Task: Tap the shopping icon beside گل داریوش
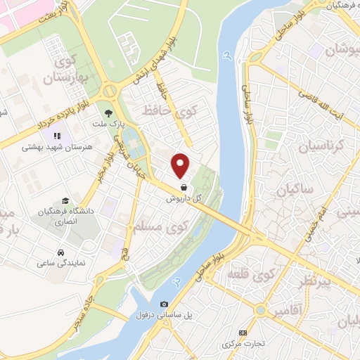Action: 184,188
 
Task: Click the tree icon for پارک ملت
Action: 108,112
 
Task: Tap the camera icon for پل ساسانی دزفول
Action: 164,304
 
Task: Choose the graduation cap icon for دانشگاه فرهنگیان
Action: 65,200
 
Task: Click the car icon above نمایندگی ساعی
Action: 62,252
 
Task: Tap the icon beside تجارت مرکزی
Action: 243,333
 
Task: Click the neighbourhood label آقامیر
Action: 288,310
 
